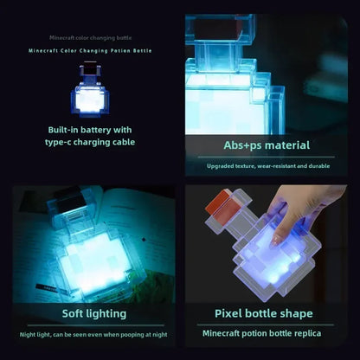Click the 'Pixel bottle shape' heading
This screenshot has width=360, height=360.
tap(263, 312)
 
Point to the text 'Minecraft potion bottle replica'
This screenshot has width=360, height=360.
tap(262, 332)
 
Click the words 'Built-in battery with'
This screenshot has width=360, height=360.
tap(91, 130)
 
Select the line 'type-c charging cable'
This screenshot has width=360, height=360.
tap(91, 142)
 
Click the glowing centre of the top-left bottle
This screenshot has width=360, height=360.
tap(90, 100)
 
